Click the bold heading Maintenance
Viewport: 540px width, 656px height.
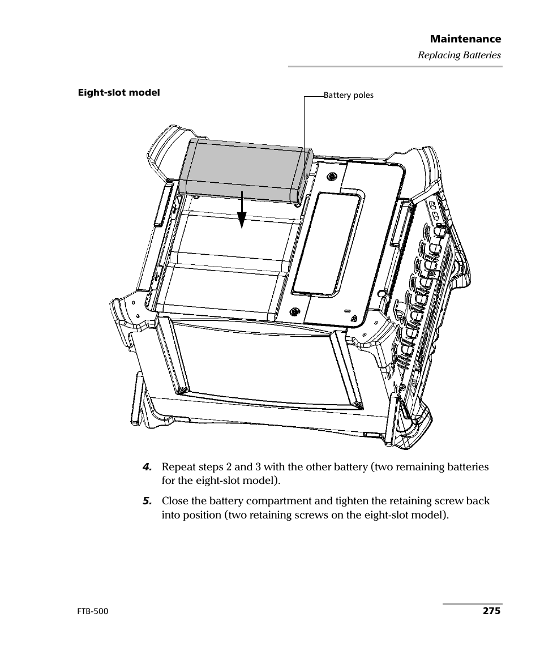465,39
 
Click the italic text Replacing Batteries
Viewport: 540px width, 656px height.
459,55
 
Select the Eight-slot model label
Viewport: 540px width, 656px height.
119,92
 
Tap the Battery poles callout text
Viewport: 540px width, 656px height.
348,95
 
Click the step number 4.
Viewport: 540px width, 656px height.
147,468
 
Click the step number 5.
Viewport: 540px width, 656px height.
147,501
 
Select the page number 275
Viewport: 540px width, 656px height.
491,611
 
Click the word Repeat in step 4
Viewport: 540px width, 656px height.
177,468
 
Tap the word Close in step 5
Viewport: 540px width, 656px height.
174,501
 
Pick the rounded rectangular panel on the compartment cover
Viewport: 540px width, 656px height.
325,243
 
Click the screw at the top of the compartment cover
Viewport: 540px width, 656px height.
332,175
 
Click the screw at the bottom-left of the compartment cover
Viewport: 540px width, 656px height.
294,311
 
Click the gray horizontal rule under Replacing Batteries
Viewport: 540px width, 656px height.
395,67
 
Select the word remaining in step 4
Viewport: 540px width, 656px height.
416,468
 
